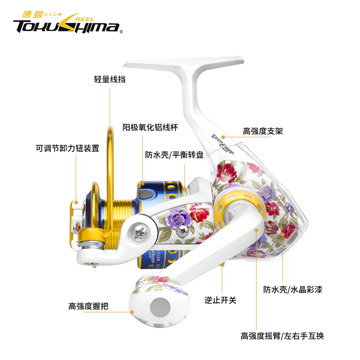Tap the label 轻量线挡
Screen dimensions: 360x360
coord(109,80)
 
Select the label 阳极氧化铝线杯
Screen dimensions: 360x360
coord(151,127)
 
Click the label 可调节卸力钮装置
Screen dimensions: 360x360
coord(67,148)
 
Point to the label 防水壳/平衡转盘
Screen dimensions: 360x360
coord(174,155)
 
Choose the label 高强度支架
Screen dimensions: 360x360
coord(263,131)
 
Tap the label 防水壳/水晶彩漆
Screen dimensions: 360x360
coord(292,290)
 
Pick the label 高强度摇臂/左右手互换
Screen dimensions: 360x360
coord(282,336)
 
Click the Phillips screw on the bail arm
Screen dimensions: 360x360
coord(139,233)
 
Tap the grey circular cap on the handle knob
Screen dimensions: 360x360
coord(160,308)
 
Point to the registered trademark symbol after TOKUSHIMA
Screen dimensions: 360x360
coord(121,31)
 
